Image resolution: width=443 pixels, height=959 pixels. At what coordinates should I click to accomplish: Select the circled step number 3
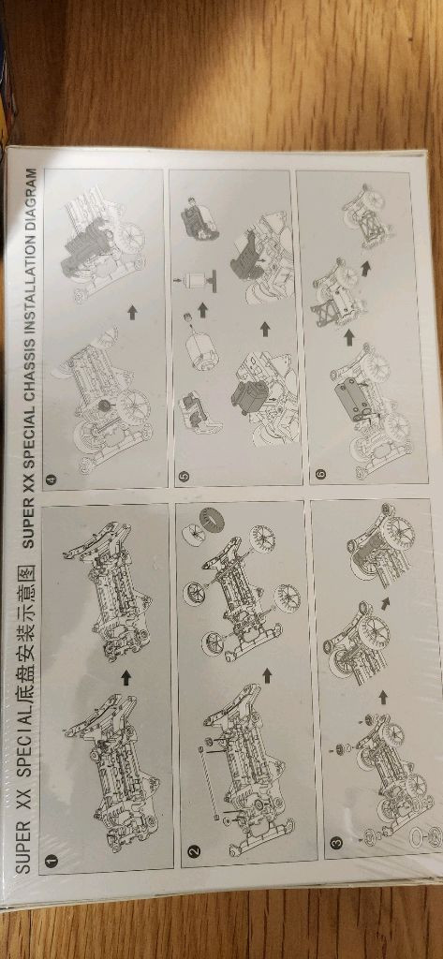pyautogui.click(x=335, y=842)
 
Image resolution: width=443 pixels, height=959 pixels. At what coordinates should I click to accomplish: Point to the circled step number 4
pyautogui.click(x=51, y=479)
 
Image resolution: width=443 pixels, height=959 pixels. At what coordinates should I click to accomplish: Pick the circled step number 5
pyautogui.click(x=185, y=475)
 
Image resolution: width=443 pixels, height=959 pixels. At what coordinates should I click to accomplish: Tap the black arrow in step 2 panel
pyautogui.click(x=266, y=675)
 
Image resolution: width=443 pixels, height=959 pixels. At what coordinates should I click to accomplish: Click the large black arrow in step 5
pyautogui.click(x=265, y=329)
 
